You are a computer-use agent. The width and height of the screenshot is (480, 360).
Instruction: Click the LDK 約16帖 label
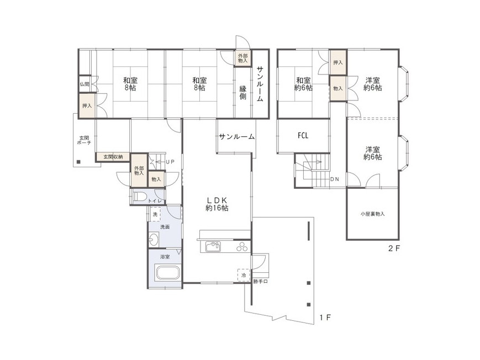[x=217, y=204]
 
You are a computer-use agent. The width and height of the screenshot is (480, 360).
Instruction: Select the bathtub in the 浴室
[x=167, y=272]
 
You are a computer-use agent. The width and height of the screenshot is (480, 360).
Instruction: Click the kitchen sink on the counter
[x=213, y=246]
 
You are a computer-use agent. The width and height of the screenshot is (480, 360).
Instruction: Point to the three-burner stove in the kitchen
[x=242, y=247]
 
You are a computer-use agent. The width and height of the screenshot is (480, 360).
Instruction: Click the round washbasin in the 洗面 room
[x=154, y=239]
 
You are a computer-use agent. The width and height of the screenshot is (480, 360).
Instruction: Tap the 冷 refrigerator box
[x=244, y=275]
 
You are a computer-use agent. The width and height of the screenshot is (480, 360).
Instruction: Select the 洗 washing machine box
[x=155, y=214]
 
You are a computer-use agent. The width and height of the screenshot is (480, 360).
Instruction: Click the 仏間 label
[x=85, y=84]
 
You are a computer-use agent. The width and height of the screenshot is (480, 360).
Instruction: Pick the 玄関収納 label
[x=113, y=157]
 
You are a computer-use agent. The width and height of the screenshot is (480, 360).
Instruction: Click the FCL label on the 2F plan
[x=303, y=135]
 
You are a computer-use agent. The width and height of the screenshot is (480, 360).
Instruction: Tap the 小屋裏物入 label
[x=372, y=214]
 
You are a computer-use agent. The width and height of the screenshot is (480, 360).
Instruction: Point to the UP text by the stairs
[x=170, y=162]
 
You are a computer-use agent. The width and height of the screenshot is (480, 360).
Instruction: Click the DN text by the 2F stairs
[x=335, y=179]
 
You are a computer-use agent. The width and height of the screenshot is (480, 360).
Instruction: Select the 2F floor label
[x=394, y=248]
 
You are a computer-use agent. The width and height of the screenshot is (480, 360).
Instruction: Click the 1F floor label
[x=325, y=317]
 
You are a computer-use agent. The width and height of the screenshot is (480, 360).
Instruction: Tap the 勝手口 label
[x=261, y=282]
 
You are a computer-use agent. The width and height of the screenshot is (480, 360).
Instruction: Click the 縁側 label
[x=242, y=93]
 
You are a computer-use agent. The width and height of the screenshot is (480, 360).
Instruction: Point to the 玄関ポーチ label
[x=84, y=140]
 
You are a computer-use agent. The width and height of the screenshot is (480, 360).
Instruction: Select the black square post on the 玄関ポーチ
[x=78, y=162]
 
